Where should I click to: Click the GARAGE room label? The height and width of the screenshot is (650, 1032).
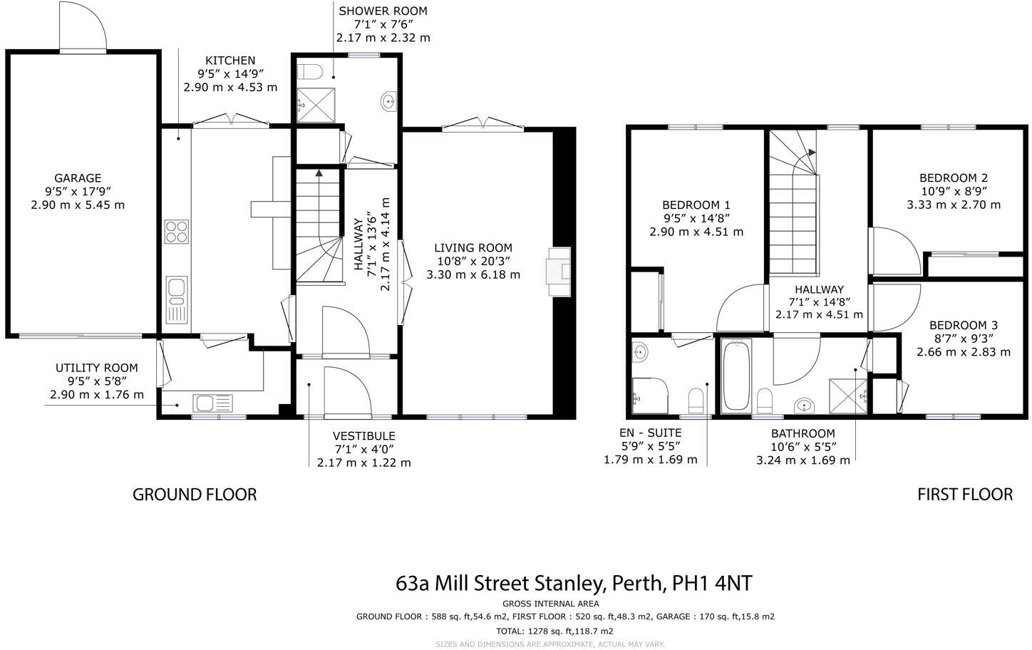click(78, 178)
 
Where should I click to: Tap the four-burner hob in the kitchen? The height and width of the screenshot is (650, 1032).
click(177, 232)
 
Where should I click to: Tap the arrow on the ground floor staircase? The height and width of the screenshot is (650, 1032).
click(318, 172)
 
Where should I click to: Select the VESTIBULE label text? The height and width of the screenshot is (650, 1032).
click(363, 436)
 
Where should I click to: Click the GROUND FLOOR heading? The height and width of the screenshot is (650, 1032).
click(195, 494)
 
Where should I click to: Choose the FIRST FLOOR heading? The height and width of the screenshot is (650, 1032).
click(964, 494)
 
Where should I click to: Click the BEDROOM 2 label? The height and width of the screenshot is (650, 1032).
click(953, 178)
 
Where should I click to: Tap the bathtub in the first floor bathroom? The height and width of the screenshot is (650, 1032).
click(736, 376)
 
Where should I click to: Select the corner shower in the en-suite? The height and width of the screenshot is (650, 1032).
click(649, 394)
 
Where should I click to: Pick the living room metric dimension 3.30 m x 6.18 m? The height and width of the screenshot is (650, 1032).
click(473, 274)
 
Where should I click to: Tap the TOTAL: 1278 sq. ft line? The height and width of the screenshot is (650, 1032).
click(554, 631)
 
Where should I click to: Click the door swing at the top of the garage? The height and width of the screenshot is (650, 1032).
click(82, 27)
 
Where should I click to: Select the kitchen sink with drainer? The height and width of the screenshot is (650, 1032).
click(176, 299)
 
